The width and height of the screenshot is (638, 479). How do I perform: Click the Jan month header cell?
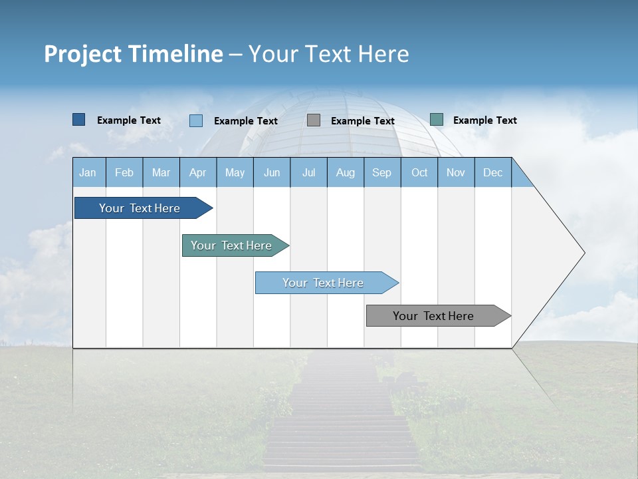pos(88,172)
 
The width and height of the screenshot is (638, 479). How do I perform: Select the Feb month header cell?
pos(124,172)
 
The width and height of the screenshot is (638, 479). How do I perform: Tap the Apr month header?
pos(198,172)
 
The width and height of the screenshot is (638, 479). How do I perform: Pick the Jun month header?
pos(272,172)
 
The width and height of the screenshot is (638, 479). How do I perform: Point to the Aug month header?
pos(346,172)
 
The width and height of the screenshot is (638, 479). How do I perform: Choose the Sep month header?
pos(382,172)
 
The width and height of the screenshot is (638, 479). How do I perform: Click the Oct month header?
pos(419,172)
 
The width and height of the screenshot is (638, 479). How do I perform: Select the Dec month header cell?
pos(493,172)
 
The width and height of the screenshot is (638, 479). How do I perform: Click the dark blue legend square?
pos(78,120)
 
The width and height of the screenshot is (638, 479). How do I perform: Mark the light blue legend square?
pos(196,120)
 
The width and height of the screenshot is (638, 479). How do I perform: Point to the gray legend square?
pos(314,120)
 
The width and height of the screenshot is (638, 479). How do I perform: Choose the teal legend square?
pos(437,120)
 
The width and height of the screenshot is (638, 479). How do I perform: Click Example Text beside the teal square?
pos(484,120)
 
